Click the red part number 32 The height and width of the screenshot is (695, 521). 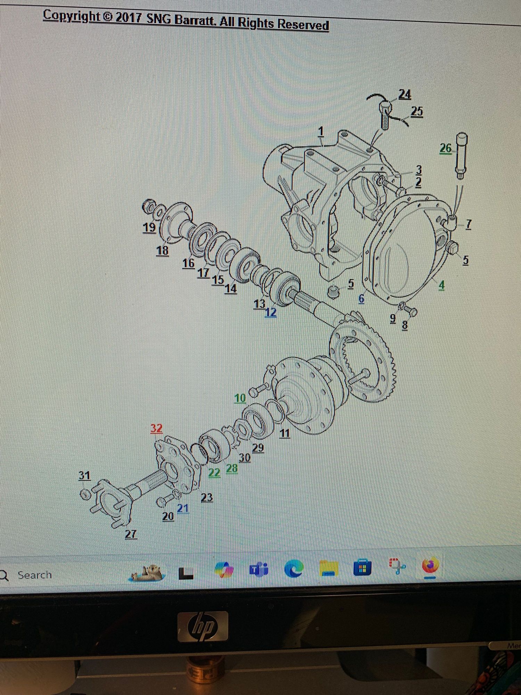pos(156,428)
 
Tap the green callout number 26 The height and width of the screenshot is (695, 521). pos(446,148)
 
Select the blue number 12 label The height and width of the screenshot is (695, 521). pos(271,312)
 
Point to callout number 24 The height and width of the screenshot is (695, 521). pos(405,95)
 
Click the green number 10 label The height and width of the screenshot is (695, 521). pos(240,398)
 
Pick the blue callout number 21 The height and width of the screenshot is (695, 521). pos(183,508)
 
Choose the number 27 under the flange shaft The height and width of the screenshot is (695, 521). pos(131,534)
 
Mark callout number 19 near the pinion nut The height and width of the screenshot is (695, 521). pos(149,227)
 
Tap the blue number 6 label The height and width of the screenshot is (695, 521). pos(361,299)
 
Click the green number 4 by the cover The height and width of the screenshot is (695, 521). pos(441,285)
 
